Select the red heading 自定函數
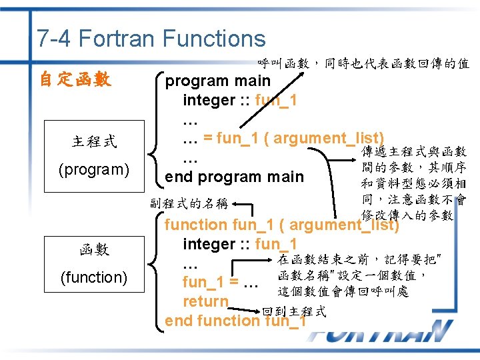75,81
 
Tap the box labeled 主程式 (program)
94,155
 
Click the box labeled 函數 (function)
94,263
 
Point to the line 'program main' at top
218,81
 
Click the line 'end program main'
234,177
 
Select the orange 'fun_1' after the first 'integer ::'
277,101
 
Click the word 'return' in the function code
205,302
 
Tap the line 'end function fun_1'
235,321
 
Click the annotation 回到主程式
294,311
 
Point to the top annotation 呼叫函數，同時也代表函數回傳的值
363,64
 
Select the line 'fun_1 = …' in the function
220,282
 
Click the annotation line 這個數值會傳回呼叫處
343,291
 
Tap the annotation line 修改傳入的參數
407,215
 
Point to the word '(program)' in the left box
94,169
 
